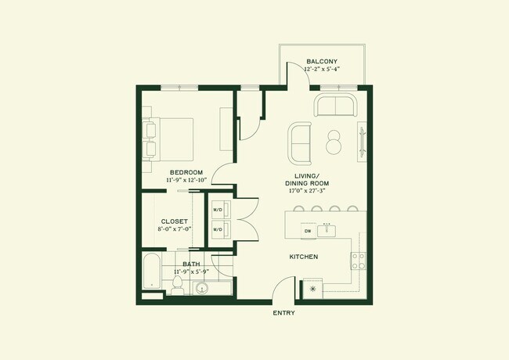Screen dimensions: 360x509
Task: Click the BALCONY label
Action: [x=321, y=61]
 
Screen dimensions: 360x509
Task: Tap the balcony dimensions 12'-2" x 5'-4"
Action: [x=321, y=69]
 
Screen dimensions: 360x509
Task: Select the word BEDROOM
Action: [x=186, y=172]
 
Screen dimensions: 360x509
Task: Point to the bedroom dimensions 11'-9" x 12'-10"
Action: [x=186, y=180]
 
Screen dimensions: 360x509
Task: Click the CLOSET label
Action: [x=174, y=221]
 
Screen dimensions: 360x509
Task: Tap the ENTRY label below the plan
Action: [x=283, y=313]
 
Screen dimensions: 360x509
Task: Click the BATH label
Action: [x=191, y=264]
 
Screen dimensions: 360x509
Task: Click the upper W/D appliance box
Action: [x=218, y=209]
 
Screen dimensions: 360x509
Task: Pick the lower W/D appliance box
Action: [x=218, y=230]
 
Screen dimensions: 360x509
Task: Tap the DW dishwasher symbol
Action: [x=308, y=231]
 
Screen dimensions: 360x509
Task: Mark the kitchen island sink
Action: [x=330, y=231]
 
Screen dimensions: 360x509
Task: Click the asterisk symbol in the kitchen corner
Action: [x=314, y=289]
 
